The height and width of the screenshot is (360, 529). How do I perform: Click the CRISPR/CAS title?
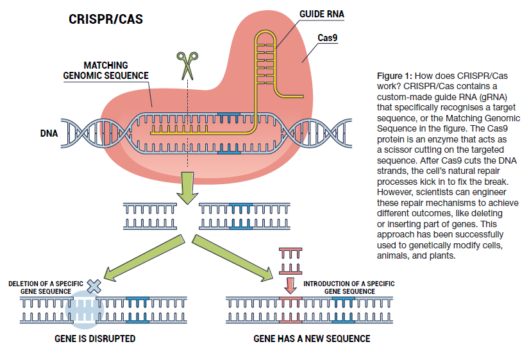coord(105,19)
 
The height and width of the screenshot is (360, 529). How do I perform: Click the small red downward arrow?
coord(290,284)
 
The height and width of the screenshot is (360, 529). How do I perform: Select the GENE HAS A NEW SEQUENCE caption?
coord(312,338)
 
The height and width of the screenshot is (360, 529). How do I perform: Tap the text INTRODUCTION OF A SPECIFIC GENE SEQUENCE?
coord(349,287)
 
